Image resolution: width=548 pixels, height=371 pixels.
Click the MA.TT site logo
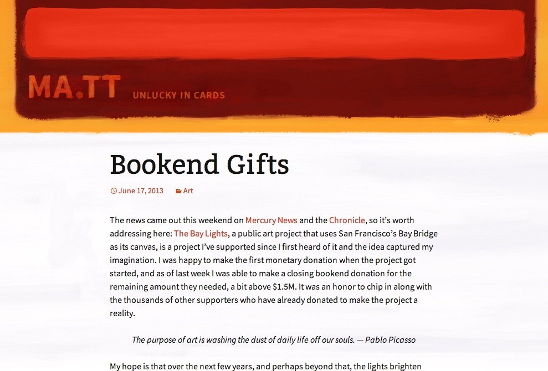(74, 87)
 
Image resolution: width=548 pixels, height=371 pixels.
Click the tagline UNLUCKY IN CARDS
(178, 95)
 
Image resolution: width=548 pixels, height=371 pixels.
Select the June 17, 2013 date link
(141, 190)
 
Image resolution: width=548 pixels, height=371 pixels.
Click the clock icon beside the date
(114, 190)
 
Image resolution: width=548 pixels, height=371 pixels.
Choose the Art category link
(188, 190)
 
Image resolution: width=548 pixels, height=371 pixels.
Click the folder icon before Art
(178, 191)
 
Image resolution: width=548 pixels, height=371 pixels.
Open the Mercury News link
(272, 220)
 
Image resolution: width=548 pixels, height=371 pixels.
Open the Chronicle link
(347, 220)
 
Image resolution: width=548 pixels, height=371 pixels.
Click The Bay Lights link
(201, 233)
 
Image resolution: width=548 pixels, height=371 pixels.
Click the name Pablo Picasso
(390, 340)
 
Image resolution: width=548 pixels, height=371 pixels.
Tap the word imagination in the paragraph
(132, 260)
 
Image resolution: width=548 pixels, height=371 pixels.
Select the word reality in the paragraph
(122, 313)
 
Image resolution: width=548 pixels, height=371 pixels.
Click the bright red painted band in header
(274, 33)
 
